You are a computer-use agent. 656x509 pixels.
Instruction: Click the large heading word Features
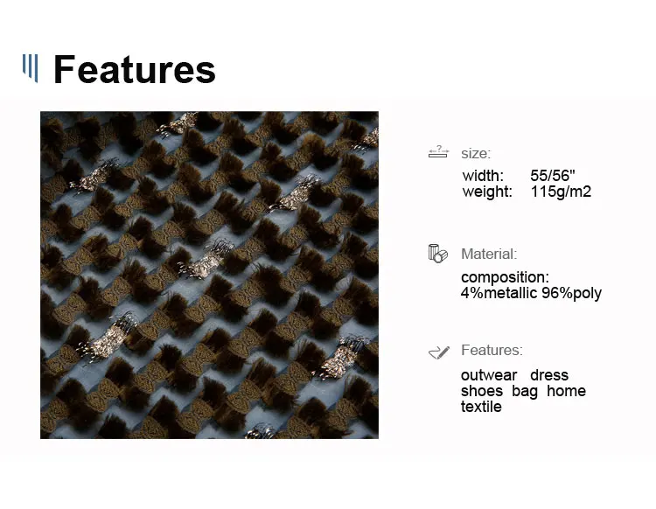[135, 69]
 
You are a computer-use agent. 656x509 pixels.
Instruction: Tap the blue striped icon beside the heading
[30, 68]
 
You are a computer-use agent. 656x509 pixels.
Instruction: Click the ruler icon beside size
[438, 152]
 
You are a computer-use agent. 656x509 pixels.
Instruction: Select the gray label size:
[476, 154]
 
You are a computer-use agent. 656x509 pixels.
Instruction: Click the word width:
[483, 176]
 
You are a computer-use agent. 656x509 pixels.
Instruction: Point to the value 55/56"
[553, 176]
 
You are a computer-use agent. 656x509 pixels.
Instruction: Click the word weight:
[487, 192]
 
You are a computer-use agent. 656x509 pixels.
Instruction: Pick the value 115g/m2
[561, 192]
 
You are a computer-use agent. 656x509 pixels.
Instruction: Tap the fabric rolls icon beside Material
[437, 254]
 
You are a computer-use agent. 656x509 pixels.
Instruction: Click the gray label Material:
[489, 254]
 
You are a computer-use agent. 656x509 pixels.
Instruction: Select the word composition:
[505, 277]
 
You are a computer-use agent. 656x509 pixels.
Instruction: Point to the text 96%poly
[571, 293]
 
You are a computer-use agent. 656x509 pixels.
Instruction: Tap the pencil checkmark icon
[439, 352]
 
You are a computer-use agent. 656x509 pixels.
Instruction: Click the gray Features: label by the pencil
[492, 350]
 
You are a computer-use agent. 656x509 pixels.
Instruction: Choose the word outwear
[489, 375]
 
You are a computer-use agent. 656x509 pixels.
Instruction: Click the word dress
[549, 375]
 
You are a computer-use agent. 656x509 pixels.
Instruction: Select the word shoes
[482, 391]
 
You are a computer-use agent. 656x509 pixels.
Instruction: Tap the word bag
[525, 392]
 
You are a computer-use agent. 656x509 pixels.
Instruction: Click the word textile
[481, 407]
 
